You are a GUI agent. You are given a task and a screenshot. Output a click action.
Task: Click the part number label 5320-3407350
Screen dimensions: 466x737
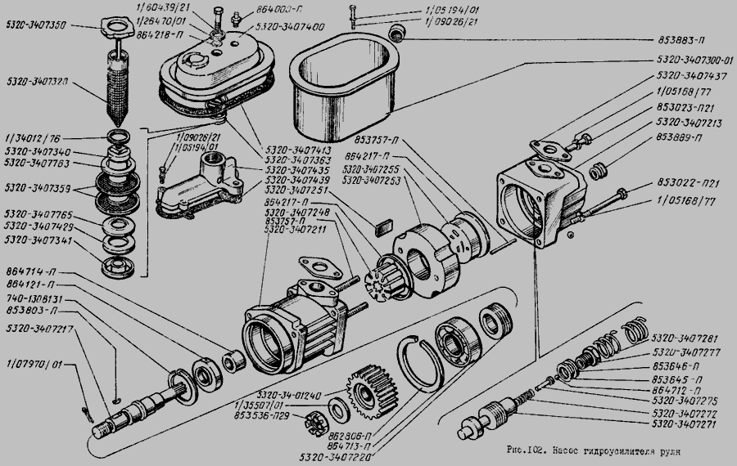35,25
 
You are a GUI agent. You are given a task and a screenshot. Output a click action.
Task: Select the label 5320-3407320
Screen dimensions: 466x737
35,82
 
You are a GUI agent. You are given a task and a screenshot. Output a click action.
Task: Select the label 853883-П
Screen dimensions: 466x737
680,38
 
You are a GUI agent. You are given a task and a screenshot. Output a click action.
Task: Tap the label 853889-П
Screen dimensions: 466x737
680,138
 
